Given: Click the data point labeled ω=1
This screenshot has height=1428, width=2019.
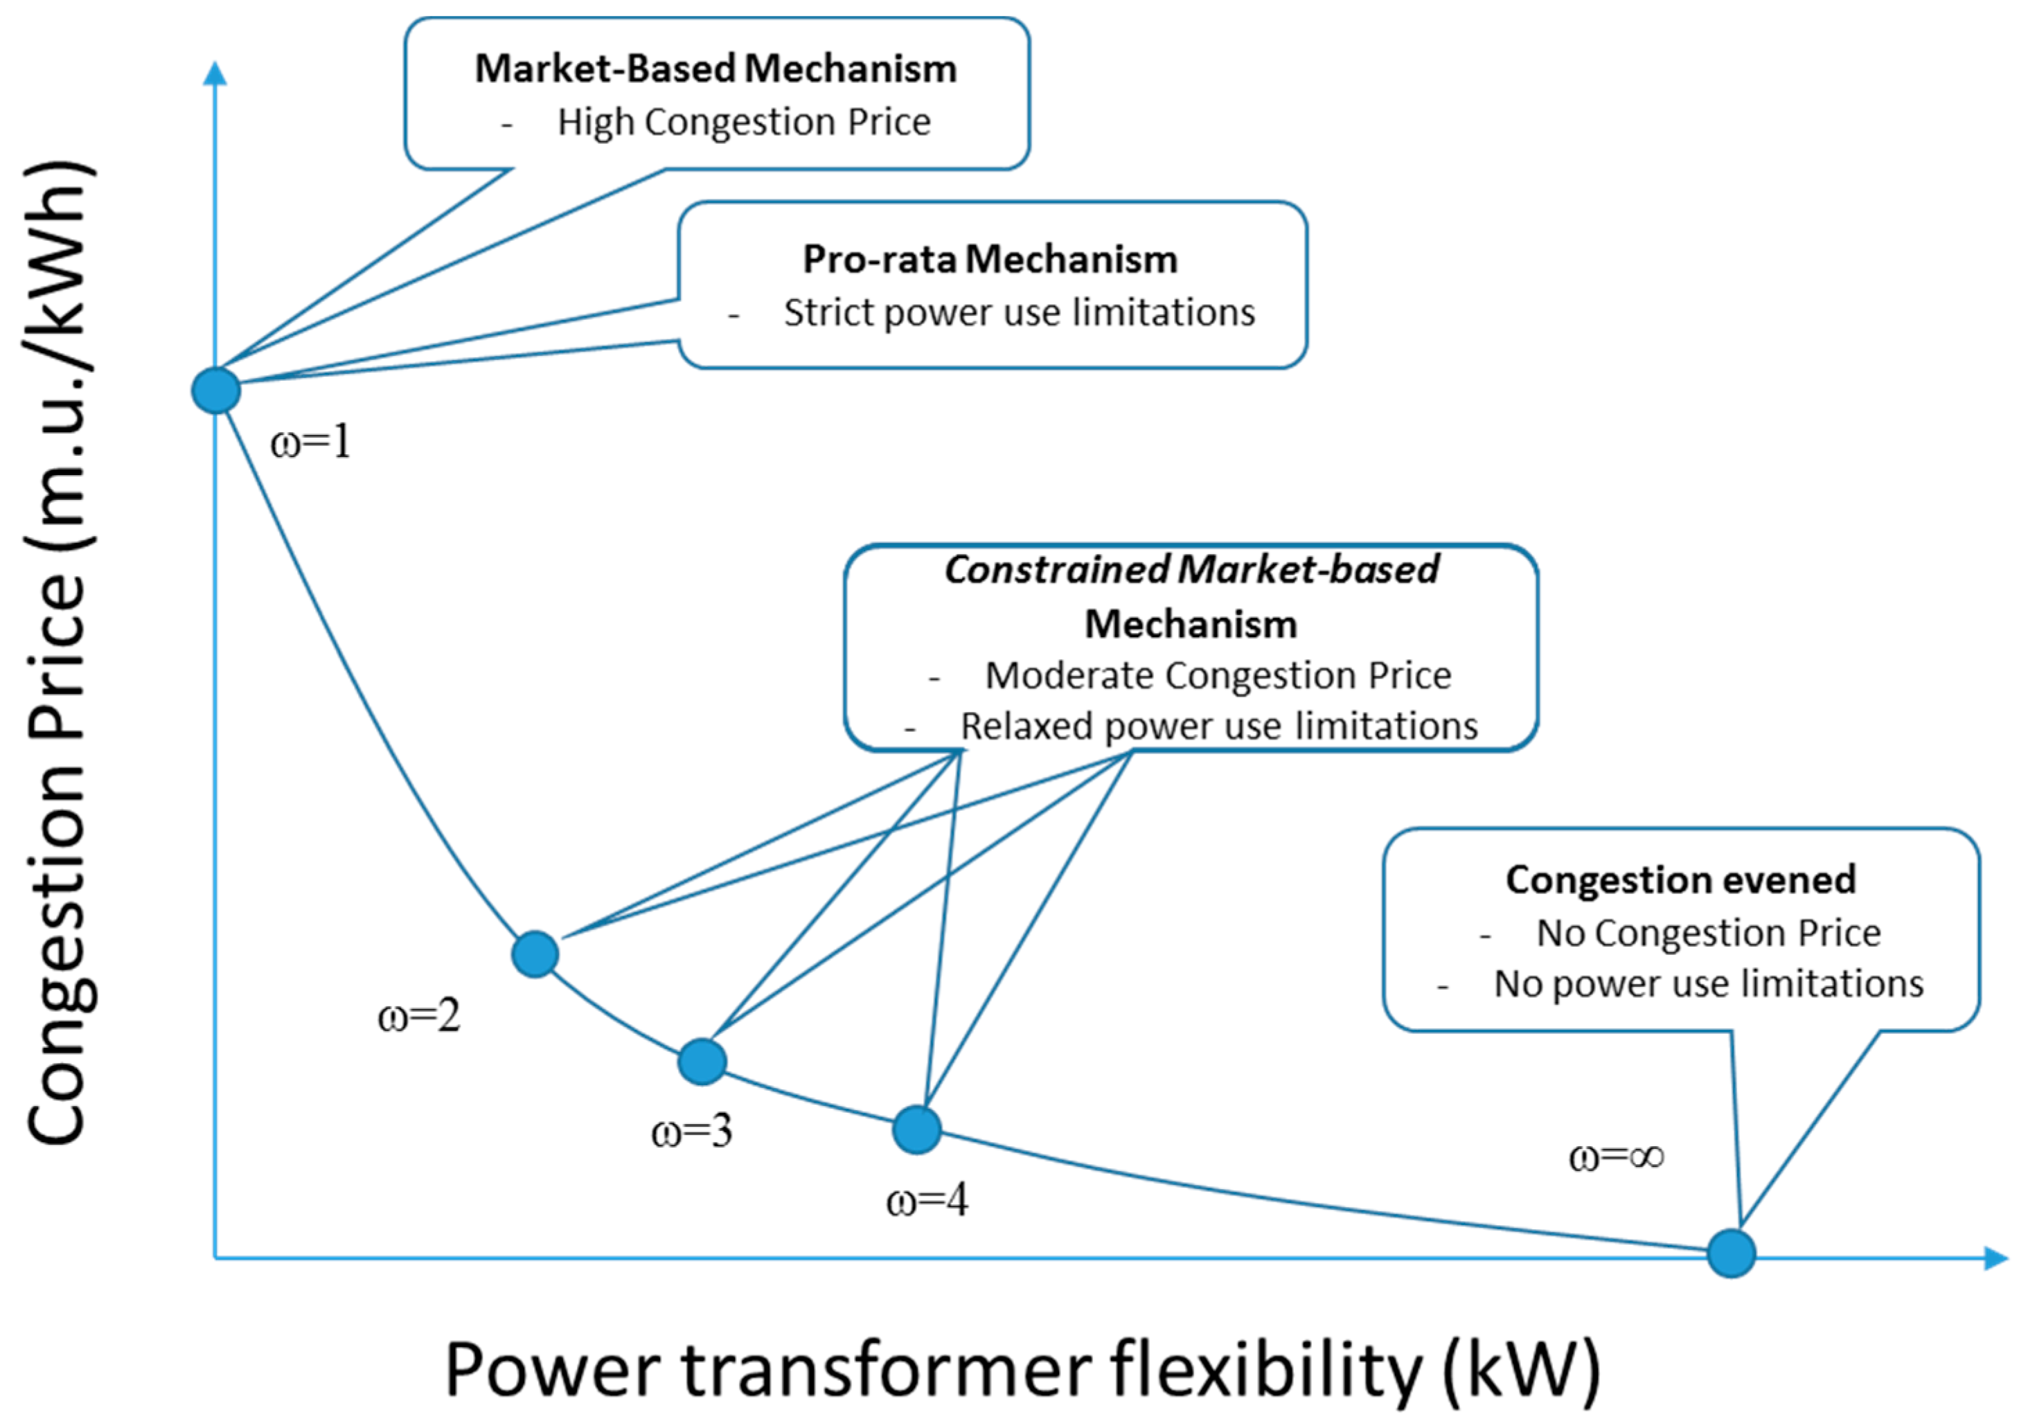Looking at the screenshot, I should click(x=215, y=391).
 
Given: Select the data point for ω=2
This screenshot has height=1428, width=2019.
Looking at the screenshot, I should click(x=535, y=954).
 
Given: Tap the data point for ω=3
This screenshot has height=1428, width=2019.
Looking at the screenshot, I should click(x=702, y=1062).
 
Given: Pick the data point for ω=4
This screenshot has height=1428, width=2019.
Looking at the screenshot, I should click(x=916, y=1129).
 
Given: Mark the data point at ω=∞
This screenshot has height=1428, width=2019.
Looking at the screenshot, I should click(x=1731, y=1253).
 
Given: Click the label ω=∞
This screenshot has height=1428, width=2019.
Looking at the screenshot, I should click(x=1617, y=1157).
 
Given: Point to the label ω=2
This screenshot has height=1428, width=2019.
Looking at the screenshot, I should click(x=418, y=1017).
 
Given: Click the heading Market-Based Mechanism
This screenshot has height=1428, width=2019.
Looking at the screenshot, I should click(x=715, y=69).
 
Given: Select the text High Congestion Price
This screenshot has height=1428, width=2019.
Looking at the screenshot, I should click(x=743, y=122).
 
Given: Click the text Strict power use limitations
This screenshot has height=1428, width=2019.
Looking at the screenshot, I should click(x=1019, y=313).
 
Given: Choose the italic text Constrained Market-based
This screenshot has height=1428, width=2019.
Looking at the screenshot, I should click(x=1191, y=570).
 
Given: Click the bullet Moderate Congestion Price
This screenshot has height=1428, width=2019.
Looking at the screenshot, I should click(x=1217, y=675).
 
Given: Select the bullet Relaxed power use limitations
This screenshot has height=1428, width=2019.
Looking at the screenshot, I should click(x=1219, y=726).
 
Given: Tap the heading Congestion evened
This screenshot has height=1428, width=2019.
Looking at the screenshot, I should click(x=1680, y=880).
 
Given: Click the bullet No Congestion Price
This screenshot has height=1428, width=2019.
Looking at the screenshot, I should click(x=1708, y=933).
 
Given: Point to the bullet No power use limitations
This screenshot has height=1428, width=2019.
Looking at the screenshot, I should click(x=1709, y=984).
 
